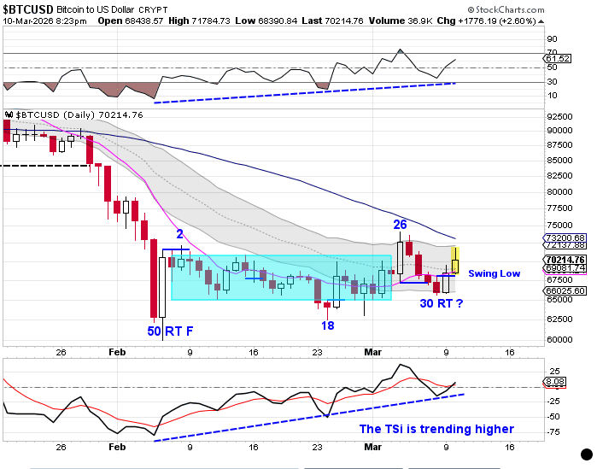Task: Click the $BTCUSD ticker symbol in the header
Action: (x=30, y=8)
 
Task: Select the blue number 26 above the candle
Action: (x=400, y=225)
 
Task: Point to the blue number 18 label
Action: (x=327, y=325)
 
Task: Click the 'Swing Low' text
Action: (x=495, y=273)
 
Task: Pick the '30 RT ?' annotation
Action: (x=442, y=303)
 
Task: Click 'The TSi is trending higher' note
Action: (x=436, y=429)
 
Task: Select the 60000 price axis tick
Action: (x=559, y=339)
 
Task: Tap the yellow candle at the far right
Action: (x=456, y=260)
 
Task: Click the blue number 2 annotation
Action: (x=179, y=234)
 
